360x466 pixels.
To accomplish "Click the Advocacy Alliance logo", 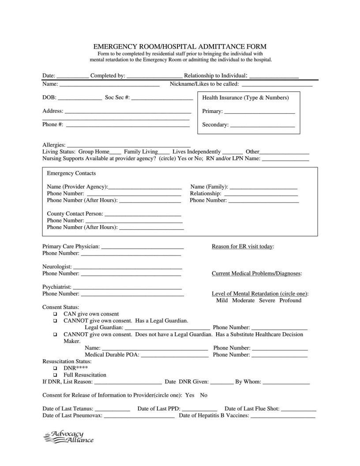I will [69, 437].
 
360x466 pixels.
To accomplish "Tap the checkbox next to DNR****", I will [56, 368].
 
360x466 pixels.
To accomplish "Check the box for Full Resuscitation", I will [56, 375].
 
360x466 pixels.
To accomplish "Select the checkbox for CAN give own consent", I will [56, 314].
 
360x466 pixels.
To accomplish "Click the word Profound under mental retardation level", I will [290, 301].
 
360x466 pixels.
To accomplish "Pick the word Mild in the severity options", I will [222, 301].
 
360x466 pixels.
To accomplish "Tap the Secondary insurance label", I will [215, 125].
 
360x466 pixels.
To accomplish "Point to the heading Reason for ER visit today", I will [243, 246].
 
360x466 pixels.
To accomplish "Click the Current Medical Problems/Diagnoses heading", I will [257, 274].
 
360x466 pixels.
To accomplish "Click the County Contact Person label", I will [75, 214].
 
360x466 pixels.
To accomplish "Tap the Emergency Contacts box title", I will [71, 173].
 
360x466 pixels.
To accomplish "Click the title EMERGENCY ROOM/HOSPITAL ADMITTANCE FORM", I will [180, 46].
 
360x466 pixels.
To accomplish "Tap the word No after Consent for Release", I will [203, 395].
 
